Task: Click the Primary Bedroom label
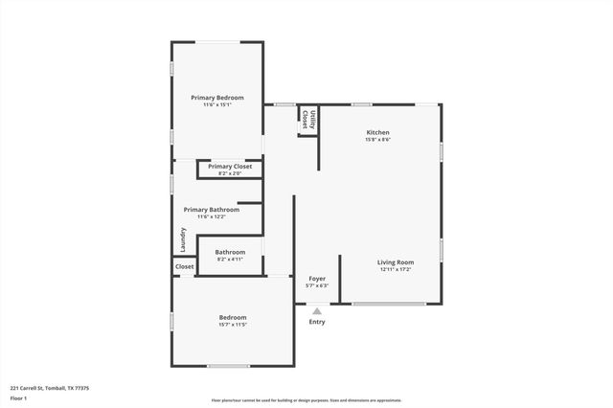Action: point(216,98)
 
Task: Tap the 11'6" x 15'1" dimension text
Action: point(216,105)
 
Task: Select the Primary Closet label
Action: point(230,166)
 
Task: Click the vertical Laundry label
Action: point(182,238)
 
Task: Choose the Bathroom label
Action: point(230,252)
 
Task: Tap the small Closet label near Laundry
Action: point(185,266)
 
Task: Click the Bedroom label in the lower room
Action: point(233,317)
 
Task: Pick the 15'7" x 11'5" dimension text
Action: point(233,325)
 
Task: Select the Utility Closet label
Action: point(306,119)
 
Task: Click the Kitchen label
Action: point(378,132)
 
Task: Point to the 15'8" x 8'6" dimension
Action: point(378,140)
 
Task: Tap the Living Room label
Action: point(396,261)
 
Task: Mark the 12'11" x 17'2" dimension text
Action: point(396,269)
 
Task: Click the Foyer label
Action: point(317,278)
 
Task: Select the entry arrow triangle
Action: point(317,310)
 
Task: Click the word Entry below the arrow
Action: point(317,322)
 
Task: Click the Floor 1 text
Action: point(19,397)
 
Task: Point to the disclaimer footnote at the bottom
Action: point(306,400)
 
